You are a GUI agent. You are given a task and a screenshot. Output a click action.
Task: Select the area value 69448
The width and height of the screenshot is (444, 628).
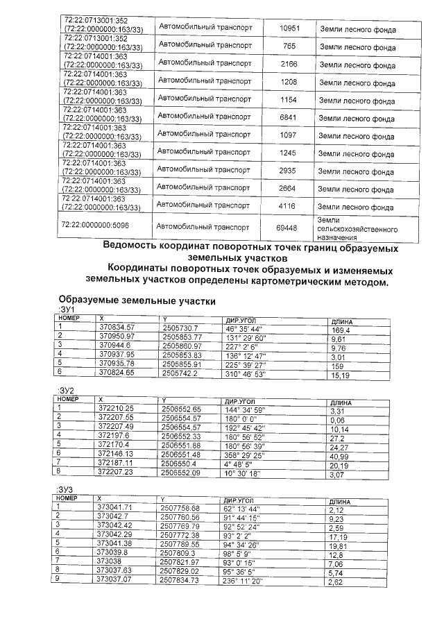[287, 228]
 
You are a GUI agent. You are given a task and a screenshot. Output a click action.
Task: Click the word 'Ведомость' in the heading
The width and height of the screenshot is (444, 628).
[136, 246]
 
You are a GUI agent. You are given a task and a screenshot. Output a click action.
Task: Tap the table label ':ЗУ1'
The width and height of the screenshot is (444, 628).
[65, 309]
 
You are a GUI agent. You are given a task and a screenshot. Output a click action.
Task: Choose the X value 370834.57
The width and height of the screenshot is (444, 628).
[116, 327]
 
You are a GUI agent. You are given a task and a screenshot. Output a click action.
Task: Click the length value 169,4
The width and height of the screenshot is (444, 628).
[342, 331]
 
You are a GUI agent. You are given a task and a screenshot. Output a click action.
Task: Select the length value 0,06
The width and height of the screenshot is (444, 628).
[338, 421]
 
